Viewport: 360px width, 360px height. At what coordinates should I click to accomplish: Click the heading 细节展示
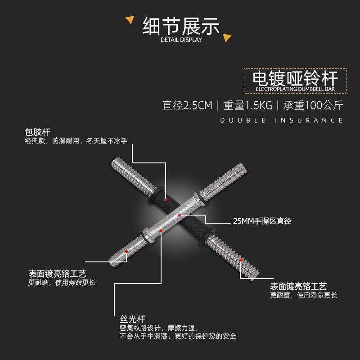[181, 26]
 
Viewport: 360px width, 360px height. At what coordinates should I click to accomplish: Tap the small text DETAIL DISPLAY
[181, 40]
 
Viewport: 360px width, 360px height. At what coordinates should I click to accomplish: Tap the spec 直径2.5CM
[187, 106]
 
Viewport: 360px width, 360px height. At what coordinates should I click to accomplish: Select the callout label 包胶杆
[37, 132]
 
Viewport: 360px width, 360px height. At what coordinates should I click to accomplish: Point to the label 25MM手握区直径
[262, 221]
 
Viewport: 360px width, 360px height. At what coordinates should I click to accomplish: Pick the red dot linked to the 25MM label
[180, 215]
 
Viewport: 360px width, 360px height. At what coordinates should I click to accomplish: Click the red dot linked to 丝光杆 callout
[161, 230]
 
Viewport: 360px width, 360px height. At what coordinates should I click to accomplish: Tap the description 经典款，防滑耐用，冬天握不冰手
[76, 141]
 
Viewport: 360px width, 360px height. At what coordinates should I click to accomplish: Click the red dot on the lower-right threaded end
[240, 260]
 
